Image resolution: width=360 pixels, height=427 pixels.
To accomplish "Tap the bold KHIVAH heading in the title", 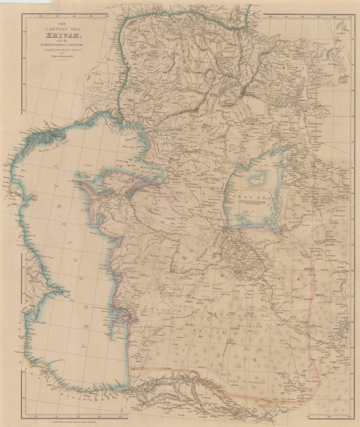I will pos(55,36).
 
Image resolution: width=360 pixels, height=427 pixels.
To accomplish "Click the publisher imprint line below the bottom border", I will pos(180,421).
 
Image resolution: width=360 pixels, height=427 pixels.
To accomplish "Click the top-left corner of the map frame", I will pos(22,13).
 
